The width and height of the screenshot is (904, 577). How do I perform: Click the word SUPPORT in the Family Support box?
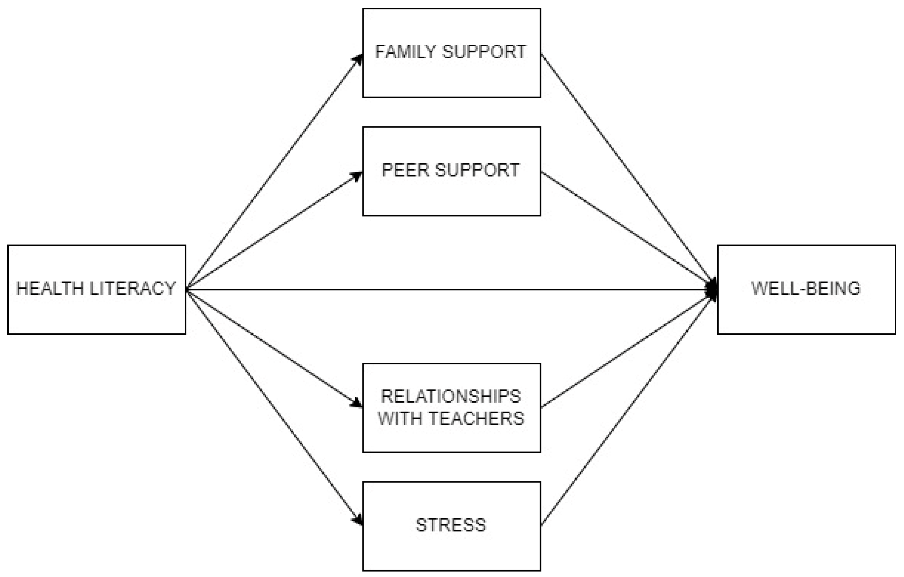pyautogui.click(x=484, y=52)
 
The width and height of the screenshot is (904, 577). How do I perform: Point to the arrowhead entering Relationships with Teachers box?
pyautogui.click(x=357, y=404)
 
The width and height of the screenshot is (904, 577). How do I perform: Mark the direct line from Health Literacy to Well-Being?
pyautogui.click(x=450, y=290)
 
